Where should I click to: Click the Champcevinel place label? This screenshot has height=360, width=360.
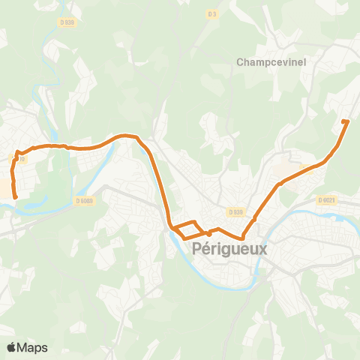click(x=272, y=62)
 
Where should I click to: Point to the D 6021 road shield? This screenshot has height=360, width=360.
click(x=327, y=199)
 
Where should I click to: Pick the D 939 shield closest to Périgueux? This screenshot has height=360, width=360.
click(x=237, y=212)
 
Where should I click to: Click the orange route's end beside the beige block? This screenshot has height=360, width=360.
click(x=15, y=197)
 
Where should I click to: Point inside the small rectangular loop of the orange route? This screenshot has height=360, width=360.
click(x=187, y=230)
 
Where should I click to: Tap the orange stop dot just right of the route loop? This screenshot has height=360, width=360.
click(x=209, y=233)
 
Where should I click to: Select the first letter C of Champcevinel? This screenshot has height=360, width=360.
click(x=242, y=62)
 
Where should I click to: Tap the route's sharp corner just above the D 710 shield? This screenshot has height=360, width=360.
click(x=16, y=152)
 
